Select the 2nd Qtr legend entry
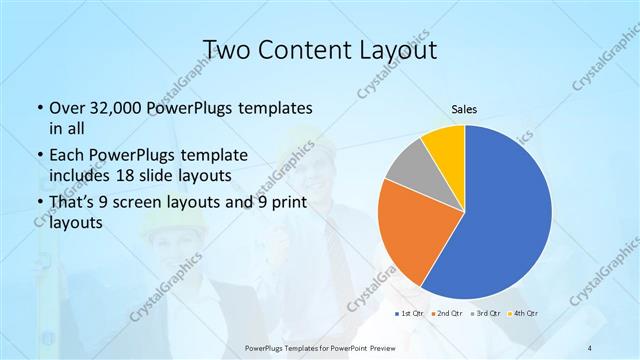click(445, 314)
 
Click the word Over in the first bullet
click(69, 107)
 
